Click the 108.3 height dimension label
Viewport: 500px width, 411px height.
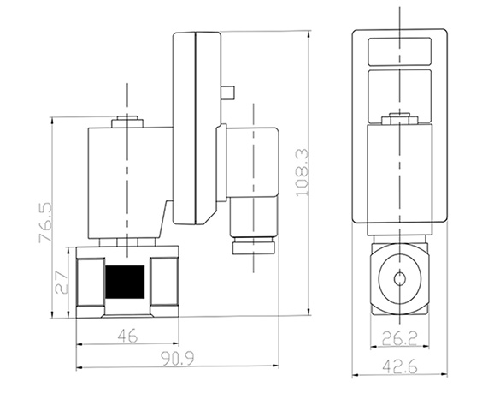(x=303, y=172)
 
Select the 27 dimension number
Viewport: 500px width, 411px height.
(x=62, y=283)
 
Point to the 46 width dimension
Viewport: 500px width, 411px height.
(x=127, y=336)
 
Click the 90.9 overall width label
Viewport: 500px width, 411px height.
(x=177, y=359)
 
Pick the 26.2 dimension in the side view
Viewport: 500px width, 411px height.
(x=399, y=338)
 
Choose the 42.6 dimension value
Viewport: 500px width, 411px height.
(x=399, y=366)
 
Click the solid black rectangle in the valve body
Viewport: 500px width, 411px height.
(x=125, y=282)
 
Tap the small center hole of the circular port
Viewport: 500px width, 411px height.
(x=399, y=279)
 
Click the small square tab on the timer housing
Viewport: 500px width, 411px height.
(x=227, y=92)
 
